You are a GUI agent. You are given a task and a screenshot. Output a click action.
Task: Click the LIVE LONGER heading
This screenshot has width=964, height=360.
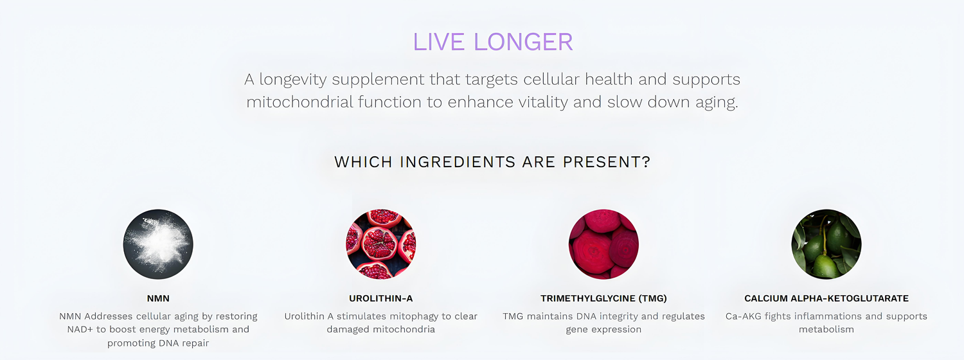(493, 42)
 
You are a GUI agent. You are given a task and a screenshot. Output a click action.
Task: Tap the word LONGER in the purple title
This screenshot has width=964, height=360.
(523, 42)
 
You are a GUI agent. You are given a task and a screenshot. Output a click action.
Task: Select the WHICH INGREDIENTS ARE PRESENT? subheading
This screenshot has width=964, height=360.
(492, 162)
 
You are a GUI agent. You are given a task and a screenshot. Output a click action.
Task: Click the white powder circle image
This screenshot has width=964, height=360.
(158, 244)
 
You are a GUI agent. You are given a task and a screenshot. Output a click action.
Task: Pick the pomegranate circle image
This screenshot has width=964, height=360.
(381, 244)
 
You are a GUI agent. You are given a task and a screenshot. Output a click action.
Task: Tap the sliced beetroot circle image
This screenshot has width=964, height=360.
(604, 244)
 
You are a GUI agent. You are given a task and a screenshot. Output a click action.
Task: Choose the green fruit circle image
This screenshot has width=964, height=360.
(826, 244)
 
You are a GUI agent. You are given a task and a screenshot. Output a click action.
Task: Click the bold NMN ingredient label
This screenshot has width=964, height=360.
(158, 298)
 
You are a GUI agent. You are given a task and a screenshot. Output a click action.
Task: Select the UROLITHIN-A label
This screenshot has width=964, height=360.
(381, 298)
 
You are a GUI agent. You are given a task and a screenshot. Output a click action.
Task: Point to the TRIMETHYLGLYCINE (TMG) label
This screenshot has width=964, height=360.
(604, 298)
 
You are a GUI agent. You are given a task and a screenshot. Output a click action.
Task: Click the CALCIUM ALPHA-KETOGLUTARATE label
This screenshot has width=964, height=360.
(826, 298)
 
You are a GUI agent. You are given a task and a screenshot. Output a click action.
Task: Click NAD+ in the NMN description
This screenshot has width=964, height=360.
(80, 329)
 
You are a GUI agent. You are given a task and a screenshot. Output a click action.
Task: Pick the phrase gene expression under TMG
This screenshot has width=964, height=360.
(604, 330)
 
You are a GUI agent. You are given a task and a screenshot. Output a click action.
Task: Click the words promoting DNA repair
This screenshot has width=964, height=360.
(158, 343)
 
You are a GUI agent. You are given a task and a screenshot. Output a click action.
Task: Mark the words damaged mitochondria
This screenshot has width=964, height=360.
(381, 329)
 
